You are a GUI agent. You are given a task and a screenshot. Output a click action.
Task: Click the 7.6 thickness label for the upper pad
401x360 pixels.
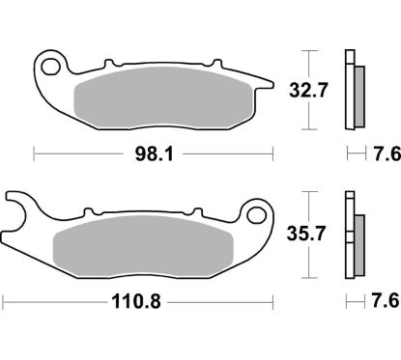point(380,152)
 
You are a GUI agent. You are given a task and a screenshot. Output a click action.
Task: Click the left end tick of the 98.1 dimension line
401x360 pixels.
point(34,152)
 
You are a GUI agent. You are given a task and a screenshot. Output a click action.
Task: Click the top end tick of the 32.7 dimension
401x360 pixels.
point(306,49)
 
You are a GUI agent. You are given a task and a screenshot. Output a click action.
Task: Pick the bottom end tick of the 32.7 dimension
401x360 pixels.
point(306,129)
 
